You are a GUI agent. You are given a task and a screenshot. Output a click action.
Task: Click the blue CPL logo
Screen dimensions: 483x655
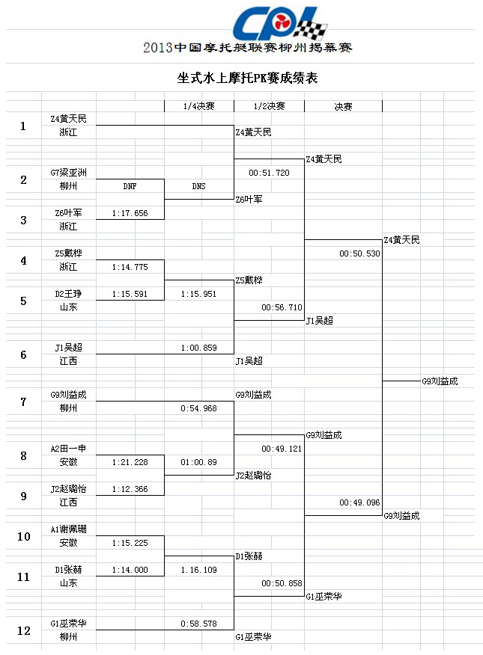[279, 23]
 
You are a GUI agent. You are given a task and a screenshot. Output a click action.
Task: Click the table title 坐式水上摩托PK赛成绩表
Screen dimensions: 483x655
[247, 78]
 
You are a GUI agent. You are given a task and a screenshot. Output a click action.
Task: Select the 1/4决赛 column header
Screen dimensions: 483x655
[198, 106]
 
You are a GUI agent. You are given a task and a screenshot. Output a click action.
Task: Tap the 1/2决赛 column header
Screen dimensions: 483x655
[269, 106]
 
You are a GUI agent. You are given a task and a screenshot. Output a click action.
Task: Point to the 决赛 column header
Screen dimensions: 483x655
[343, 107]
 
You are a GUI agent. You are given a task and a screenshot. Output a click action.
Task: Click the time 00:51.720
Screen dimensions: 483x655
[269, 173]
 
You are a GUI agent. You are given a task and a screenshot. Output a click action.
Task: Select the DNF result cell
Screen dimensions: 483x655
[130, 186]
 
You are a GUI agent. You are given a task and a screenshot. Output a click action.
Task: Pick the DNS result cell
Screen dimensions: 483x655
[198, 186]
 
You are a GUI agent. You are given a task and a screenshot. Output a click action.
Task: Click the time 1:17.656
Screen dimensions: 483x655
[130, 213]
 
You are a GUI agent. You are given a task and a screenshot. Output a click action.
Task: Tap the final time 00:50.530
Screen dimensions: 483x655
[359, 253]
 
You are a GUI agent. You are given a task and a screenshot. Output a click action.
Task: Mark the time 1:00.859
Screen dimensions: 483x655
[198, 348]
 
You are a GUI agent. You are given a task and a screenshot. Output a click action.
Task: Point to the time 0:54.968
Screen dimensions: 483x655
[198, 408]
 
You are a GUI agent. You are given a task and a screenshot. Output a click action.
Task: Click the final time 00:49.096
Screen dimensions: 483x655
[359, 502]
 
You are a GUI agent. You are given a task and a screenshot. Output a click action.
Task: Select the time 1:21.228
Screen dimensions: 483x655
[130, 462]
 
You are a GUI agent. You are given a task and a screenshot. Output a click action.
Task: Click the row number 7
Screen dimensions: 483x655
[23, 402]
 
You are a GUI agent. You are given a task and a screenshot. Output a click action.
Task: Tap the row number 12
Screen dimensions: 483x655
[23, 631]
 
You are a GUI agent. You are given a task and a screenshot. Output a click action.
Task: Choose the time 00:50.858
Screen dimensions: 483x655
[282, 583]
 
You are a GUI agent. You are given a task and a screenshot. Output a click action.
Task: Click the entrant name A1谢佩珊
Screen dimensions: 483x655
[68, 529]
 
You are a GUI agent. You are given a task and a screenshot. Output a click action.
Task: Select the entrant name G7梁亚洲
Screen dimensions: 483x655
[68, 173]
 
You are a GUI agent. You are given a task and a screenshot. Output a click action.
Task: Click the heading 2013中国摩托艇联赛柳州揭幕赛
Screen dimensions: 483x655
[248, 48]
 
